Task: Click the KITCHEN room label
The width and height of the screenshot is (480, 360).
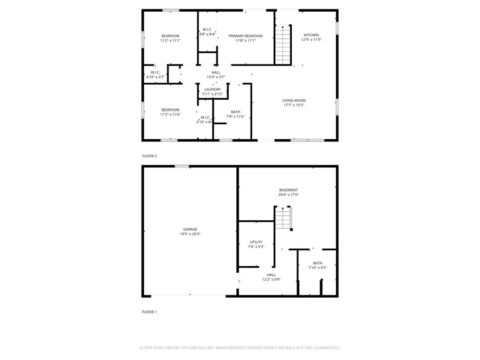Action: pos(311,35)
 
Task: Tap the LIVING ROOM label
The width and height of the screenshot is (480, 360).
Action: pos(293,100)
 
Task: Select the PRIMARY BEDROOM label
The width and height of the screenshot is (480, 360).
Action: pos(245,36)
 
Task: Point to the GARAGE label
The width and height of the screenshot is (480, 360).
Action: pos(190,229)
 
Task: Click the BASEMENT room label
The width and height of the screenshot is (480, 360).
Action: pos(289,190)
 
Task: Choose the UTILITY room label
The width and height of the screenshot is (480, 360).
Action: pos(256,242)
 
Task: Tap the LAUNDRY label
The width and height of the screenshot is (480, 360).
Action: pos(212,90)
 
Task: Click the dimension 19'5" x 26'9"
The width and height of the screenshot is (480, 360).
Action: pos(190,234)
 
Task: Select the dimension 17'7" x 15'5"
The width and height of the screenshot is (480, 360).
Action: pos(293,105)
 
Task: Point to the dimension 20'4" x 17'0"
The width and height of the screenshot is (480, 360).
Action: pos(289,195)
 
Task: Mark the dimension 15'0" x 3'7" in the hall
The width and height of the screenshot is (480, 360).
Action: pos(216,77)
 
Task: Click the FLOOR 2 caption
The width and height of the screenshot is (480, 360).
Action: pos(149,156)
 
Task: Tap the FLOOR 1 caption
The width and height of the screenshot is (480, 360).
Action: pos(149,312)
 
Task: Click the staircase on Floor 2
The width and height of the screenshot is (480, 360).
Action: pos(283,45)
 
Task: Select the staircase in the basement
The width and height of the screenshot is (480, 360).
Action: pos(284,218)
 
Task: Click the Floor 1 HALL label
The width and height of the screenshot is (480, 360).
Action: pos(271,275)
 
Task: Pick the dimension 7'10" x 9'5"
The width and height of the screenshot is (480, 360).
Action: pos(317,268)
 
